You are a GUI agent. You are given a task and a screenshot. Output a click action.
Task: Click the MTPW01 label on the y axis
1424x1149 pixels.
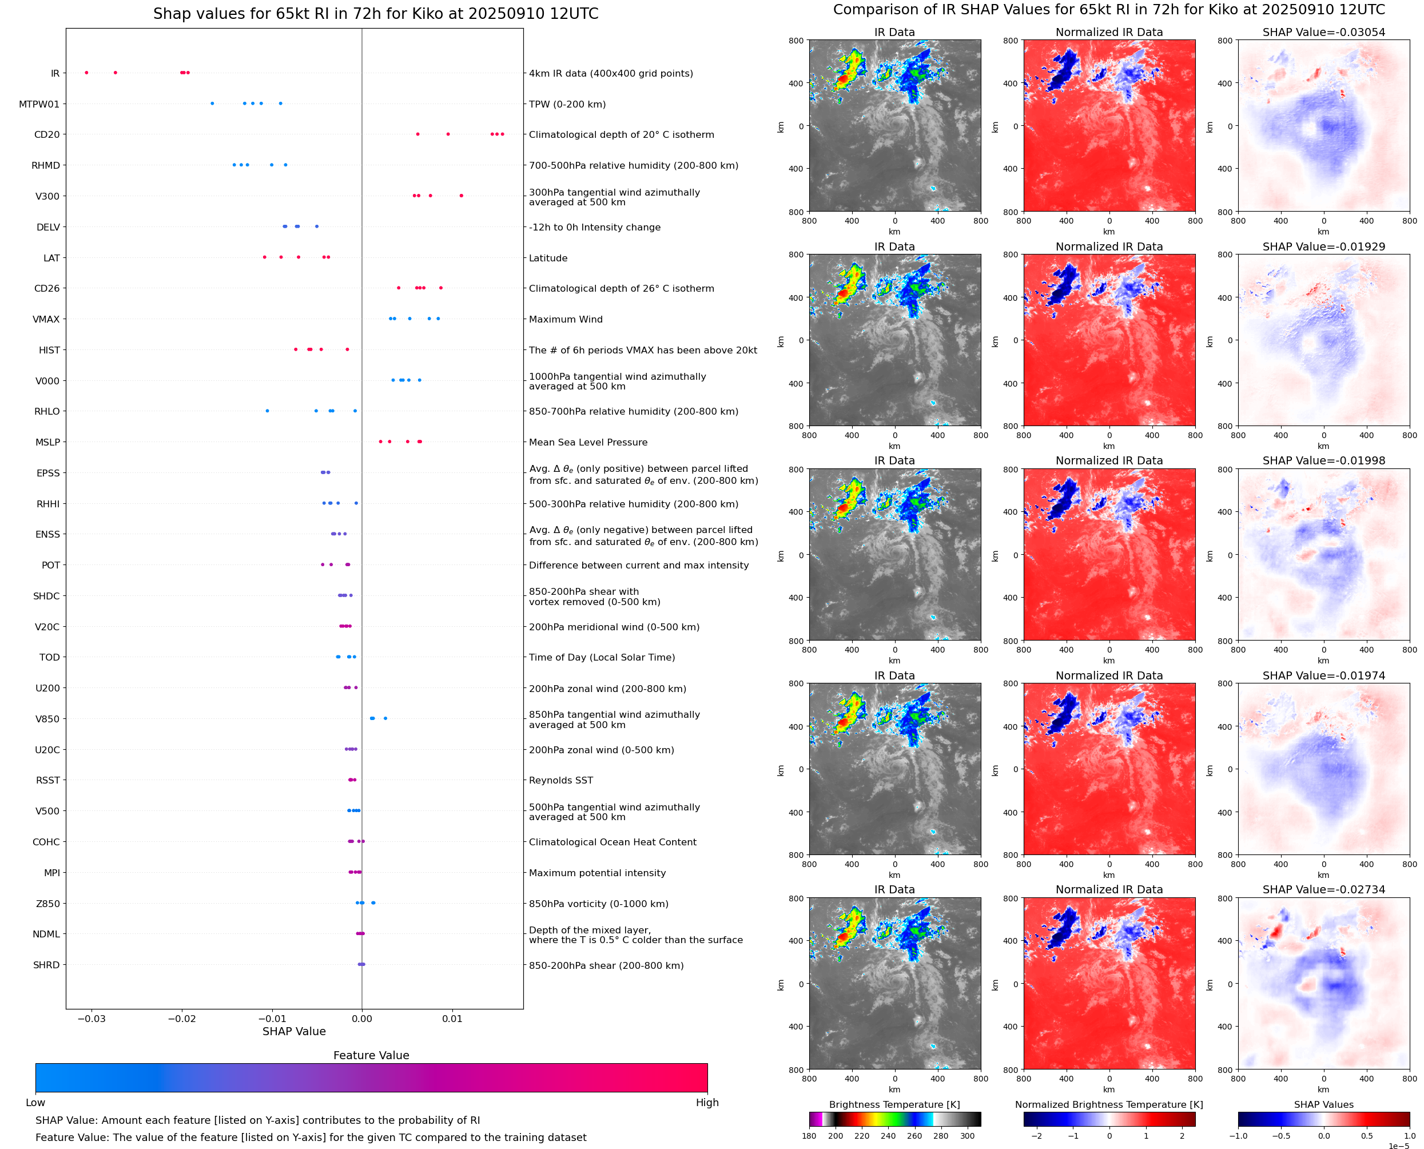pos(39,104)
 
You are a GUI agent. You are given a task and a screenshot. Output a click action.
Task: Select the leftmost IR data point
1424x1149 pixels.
pos(87,73)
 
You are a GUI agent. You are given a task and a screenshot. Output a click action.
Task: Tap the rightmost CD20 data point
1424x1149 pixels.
pos(502,134)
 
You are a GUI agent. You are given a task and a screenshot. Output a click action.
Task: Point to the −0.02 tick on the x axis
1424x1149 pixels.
pos(182,1019)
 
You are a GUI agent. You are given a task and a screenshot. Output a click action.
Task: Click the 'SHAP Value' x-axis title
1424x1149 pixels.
pos(294,1031)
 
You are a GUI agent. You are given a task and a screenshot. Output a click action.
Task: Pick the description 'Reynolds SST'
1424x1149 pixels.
pos(560,780)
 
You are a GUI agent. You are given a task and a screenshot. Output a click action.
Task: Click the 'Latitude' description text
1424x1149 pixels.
pos(548,258)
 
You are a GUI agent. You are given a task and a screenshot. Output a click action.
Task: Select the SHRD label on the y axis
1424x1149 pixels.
pos(46,965)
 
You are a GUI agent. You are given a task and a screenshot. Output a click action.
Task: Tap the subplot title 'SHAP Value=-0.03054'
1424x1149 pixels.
pos(1323,33)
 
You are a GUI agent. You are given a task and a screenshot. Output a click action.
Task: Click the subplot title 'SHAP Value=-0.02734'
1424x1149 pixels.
pos(1323,889)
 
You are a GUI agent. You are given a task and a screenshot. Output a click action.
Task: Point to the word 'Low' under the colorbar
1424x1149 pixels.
pos(35,1103)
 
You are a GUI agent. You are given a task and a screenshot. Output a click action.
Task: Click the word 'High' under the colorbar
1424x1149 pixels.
pos(707,1103)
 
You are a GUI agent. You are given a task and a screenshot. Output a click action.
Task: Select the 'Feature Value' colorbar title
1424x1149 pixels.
pos(371,1055)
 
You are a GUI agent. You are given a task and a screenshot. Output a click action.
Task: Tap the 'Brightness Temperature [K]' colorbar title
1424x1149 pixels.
pos(894,1104)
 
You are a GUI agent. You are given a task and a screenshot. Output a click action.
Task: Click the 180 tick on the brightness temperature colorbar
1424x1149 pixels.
pos(809,1136)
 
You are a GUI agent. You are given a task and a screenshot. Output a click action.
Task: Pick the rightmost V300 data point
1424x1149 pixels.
pos(461,196)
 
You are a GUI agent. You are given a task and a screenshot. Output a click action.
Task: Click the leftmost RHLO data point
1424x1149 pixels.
pos(267,411)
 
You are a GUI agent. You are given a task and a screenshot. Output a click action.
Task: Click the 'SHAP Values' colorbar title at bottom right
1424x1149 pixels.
pos(1323,1104)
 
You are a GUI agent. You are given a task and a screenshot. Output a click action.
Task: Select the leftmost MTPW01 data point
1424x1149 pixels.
pos(212,104)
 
